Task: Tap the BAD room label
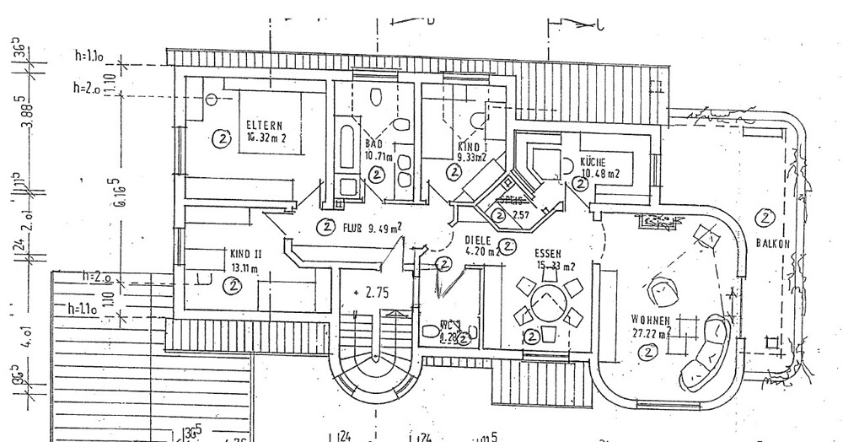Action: click(373, 143)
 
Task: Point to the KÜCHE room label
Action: click(593, 162)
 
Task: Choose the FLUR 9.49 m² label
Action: click(372, 226)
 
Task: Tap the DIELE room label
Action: click(479, 239)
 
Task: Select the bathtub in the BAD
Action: click(346, 152)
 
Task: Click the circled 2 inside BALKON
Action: click(765, 218)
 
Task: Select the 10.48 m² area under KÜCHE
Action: click(599, 175)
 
